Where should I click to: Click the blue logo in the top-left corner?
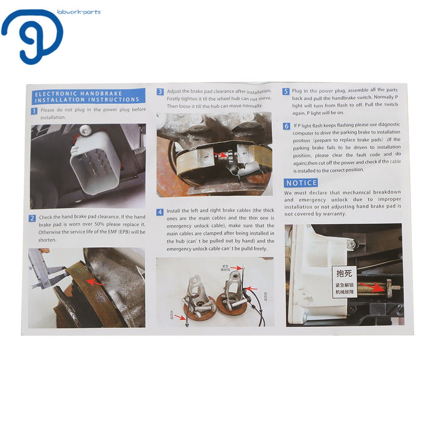32,36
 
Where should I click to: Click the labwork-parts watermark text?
79,12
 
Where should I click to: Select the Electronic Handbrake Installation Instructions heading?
88,97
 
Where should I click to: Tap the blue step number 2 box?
32,218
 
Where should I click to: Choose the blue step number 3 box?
160,92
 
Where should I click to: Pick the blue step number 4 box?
160,212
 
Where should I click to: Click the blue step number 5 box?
286,92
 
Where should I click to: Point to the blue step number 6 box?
286,126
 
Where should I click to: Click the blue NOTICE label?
301,183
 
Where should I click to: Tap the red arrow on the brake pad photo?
94,282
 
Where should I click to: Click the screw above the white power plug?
85,129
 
